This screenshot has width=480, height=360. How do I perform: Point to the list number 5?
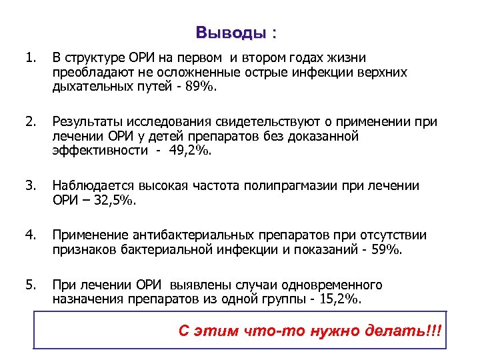pyautogui.click(x=29, y=285)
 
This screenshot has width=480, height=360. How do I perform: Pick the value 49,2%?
pyautogui.click(x=192, y=151)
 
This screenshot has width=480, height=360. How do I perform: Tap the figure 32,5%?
pyautogui.click(x=113, y=201)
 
